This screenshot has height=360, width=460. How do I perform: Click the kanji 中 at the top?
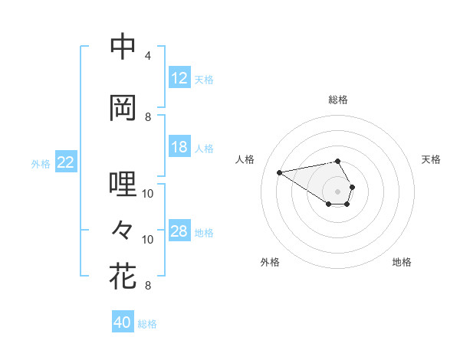[x=123, y=47]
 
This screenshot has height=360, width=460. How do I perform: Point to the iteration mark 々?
[x=123, y=229]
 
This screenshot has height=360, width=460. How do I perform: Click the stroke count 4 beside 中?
[x=148, y=56]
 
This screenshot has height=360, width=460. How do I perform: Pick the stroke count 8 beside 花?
[x=148, y=286]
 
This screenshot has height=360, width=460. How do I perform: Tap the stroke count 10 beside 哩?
[x=148, y=194]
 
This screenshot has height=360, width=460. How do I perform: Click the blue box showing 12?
[x=179, y=78]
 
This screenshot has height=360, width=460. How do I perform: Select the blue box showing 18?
[x=179, y=147]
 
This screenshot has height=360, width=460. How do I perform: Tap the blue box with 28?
[x=179, y=231]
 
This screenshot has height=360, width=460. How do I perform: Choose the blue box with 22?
[x=66, y=162]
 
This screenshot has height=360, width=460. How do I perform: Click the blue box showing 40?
[x=123, y=322]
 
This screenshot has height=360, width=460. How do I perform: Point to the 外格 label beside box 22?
[x=41, y=163]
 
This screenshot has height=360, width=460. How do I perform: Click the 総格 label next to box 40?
[x=147, y=324]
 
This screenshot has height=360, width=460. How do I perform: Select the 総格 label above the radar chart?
[x=338, y=100]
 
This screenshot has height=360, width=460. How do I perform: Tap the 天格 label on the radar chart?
[x=432, y=159]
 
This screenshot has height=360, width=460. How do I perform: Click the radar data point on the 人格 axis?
[x=279, y=172]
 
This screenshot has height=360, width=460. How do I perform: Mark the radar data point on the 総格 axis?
[x=338, y=161]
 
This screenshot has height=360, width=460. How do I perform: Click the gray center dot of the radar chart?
[x=338, y=190]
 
